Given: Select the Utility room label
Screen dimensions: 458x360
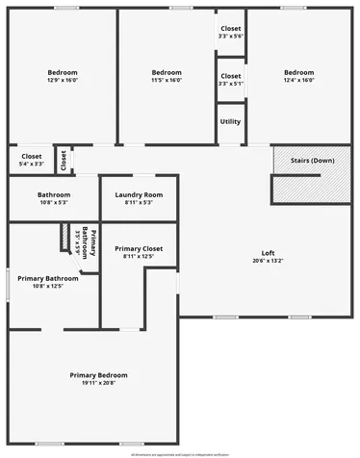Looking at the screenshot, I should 230,121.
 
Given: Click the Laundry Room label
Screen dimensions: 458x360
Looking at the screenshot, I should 140,195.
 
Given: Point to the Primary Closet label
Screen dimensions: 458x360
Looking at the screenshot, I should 139,249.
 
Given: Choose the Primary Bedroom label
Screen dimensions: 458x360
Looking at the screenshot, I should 98,375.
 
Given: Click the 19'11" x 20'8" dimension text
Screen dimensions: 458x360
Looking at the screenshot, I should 98,383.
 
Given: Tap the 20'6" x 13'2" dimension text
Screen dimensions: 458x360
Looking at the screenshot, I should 269,261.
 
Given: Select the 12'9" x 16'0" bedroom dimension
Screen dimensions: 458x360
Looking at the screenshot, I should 63,80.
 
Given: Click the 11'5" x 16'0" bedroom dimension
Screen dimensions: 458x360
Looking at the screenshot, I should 167,80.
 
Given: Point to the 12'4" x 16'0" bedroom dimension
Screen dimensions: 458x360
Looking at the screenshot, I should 298,80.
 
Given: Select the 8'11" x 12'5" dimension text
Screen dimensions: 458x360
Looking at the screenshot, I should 139,257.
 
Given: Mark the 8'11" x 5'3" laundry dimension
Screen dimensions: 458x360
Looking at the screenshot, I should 140,203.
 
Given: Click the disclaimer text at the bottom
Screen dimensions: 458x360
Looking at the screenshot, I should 180,450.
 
